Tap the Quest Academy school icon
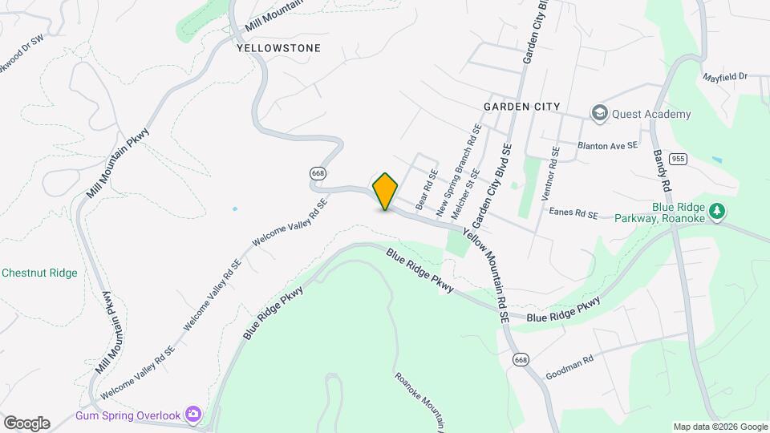[x=598, y=114]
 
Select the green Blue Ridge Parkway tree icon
[x=717, y=211]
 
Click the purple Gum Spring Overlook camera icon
[x=193, y=415]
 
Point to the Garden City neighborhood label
[x=521, y=107]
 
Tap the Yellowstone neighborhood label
[x=279, y=48]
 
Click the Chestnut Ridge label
[x=39, y=273]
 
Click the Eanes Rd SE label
[x=573, y=214]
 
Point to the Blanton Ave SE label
[x=607, y=146]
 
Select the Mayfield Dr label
[x=725, y=77]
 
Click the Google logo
[x=26, y=423]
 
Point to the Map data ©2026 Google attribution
[x=720, y=427]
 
